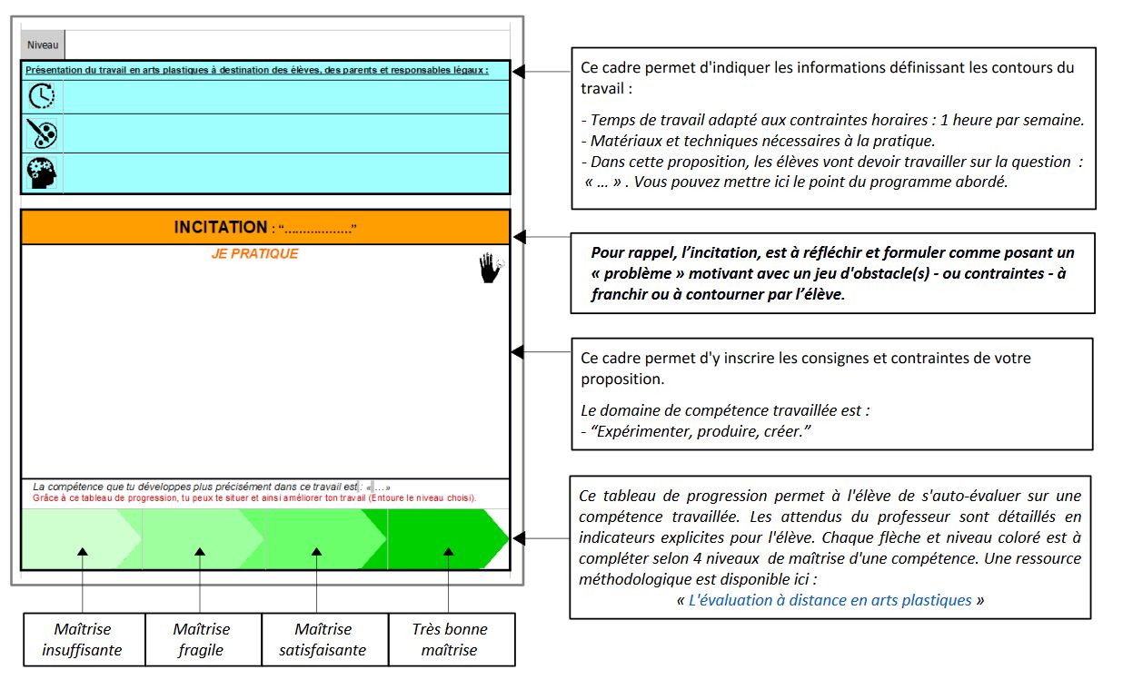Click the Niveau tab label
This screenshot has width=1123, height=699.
43,45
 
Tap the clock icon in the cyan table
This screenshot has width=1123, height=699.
42,95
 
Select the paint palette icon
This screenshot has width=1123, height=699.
42,133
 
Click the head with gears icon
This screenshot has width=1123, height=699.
42,172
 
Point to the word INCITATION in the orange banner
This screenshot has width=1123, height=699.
221,227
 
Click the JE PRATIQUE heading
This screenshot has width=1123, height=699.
254,253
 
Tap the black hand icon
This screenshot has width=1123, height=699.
491,268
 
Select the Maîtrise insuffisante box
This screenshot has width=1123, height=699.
84,639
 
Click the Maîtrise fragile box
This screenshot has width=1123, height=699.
203,639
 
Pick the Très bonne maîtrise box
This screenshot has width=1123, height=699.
452,639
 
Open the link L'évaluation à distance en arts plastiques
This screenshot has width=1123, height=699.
830,600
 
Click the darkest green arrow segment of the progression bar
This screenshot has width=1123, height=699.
442,538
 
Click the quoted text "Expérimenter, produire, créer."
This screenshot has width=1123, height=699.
701,431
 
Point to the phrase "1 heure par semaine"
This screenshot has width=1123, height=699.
1010,120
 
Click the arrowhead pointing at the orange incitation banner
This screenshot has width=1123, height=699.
520,237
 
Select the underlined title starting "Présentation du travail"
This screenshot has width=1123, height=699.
257,70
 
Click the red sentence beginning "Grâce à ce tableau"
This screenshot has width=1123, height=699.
254,497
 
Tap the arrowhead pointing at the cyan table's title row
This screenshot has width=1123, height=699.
519,72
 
